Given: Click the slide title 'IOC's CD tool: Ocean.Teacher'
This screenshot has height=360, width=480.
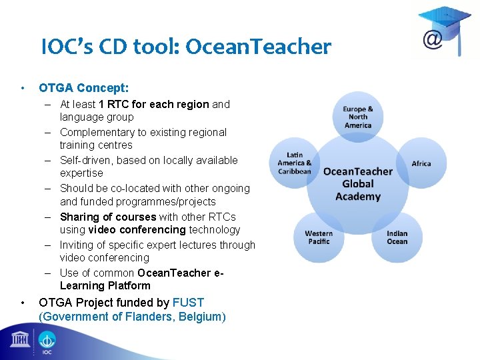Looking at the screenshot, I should pyautogui.click(x=185, y=47).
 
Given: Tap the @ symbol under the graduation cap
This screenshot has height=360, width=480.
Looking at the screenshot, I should pyautogui.click(x=433, y=40).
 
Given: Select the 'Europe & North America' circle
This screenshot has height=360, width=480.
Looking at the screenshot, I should pyautogui.click(x=358, y=117).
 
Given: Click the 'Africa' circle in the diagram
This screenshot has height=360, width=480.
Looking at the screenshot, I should pyautogui.click(x=421, y=163).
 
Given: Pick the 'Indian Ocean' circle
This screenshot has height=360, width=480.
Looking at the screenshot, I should pyautogui.click(x=397, y=237).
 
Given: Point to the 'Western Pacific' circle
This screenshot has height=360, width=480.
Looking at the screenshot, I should pyautogui.click(x=319, y=237).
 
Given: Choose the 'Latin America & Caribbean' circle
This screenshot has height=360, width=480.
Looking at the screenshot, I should pyautogui.click(x=294, y=163).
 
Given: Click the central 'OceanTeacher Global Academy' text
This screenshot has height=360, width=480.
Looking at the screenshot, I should pyautogui.click(x=358, y=183).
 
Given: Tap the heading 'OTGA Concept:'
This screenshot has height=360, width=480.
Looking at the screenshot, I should pyautogui.click(x=83, y=87).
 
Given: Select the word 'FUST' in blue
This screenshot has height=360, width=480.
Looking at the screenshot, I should pyautogui.click(x=188, y=303).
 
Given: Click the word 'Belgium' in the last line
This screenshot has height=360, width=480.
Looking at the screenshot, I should pyautogui.click(x=201, y=317).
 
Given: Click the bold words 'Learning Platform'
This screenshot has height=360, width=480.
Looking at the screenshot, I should pyautogui.click(x=105, y=285).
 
